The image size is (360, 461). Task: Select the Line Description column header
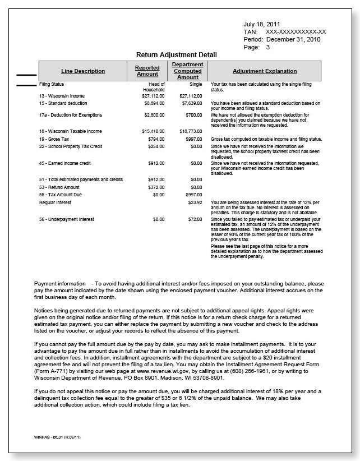[x=83, y=71]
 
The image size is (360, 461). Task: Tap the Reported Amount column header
[x=147, y=71]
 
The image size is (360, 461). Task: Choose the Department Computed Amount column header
[x=187, y=71]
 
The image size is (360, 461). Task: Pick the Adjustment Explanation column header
[x=264, y=71]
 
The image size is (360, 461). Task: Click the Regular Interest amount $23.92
[x=195, y=201]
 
